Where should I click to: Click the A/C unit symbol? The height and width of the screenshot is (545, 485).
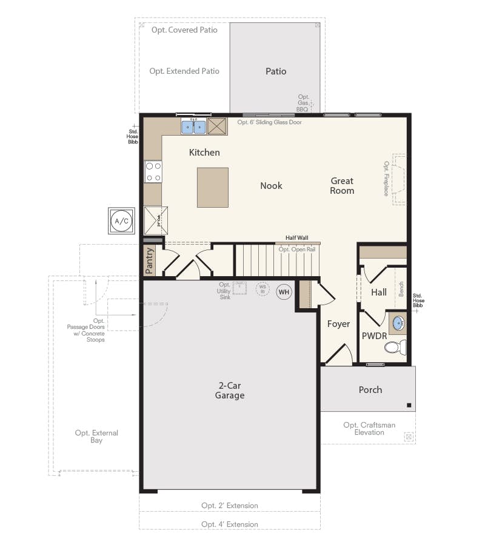[x=122, y=222]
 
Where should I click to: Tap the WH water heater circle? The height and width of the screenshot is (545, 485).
[x=284, y=292]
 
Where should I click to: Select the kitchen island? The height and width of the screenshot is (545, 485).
[x=212, y=188]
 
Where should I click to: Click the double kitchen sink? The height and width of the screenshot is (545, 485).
[x=194, y=127]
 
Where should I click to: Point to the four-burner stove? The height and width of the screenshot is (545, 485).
[x=153, y=171]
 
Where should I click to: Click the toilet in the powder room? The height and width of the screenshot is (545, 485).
[x=393, y=348]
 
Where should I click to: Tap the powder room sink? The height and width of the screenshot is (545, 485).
[x=398, y=323]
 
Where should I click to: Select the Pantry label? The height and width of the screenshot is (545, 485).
[x=150, y=260]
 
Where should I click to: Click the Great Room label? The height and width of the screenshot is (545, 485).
[x=342, y=185]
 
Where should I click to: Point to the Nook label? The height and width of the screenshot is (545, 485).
[x=271, y=186]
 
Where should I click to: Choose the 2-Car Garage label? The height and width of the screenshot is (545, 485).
[x=230, y=390]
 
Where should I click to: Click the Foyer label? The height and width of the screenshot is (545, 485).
[x=338, y=324]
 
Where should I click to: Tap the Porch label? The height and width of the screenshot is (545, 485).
[x=370, y=390]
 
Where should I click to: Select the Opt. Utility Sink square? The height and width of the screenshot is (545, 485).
[x=240, y=288]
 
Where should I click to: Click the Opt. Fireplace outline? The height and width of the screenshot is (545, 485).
[x=399, y=179]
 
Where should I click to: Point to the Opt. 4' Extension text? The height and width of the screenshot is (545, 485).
[x=230, y=524]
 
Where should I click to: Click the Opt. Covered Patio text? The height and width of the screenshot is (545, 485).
[x=184, y=30]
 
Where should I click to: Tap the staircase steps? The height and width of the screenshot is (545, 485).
[x=276, y=260]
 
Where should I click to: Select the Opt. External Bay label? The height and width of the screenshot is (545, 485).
[x=96, y=437]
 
